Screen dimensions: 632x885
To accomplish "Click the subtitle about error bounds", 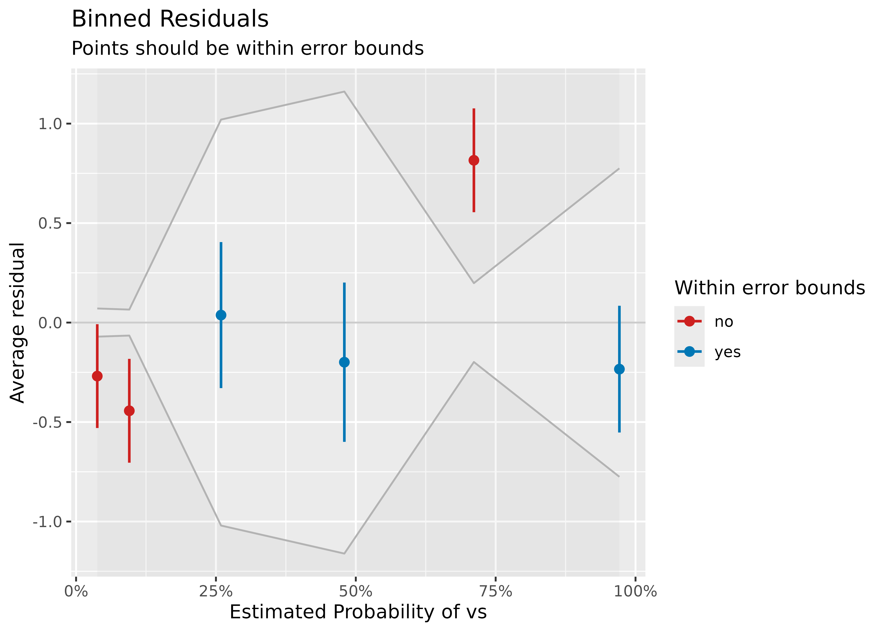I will click(248, 49).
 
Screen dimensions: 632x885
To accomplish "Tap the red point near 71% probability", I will click(474, 160).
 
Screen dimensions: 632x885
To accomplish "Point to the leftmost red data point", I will click(97, 376).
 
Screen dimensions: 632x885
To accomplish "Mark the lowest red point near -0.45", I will click(129, 411).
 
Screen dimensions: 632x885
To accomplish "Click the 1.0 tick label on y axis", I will click(50, 124).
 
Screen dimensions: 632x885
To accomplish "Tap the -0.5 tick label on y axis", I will click(47, 422).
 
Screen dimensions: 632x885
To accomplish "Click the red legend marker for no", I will click(689, 321).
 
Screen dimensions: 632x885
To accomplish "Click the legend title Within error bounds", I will click(769, 288).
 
